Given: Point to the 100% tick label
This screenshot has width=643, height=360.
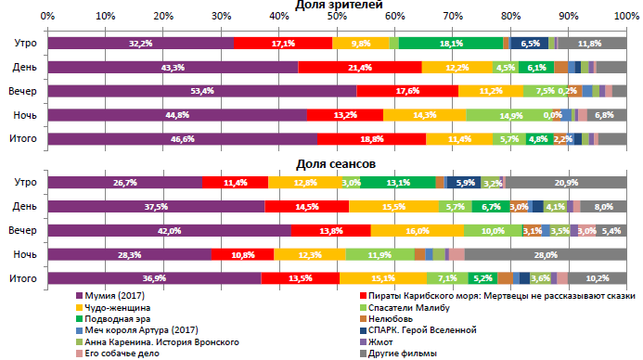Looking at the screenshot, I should (625, 17).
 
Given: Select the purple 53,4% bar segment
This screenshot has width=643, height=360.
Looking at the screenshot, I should (202, 91).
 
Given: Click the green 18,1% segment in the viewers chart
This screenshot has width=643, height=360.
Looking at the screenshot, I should (451, 44).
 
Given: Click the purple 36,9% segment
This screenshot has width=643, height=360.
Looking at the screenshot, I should (154, 277).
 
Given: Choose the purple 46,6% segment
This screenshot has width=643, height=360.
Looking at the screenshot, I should (182, 138).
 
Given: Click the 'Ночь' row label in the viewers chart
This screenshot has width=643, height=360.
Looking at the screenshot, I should (24, 115).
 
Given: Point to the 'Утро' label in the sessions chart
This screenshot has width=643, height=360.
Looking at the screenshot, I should (24, 183).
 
